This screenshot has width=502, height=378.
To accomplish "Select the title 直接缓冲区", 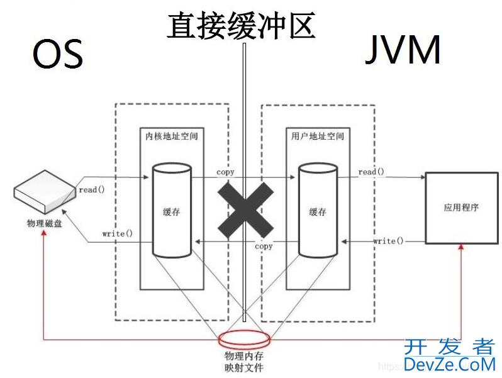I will coord(241,26).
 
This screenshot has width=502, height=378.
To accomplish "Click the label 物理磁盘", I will coord(45,223).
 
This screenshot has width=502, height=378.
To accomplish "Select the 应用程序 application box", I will coord(461,208).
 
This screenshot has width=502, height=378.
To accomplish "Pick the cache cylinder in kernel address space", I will coord(170,211).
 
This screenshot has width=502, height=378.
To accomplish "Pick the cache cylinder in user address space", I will coord(317,211).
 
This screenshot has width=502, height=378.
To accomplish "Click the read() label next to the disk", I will coord(92,189).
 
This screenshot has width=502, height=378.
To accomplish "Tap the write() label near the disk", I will coord(118,233).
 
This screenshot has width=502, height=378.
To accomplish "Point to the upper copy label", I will coord(225,172).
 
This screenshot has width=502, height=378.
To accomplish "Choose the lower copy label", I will coord(264,246).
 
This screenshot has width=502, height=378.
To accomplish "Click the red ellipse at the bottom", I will coord(246,339).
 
